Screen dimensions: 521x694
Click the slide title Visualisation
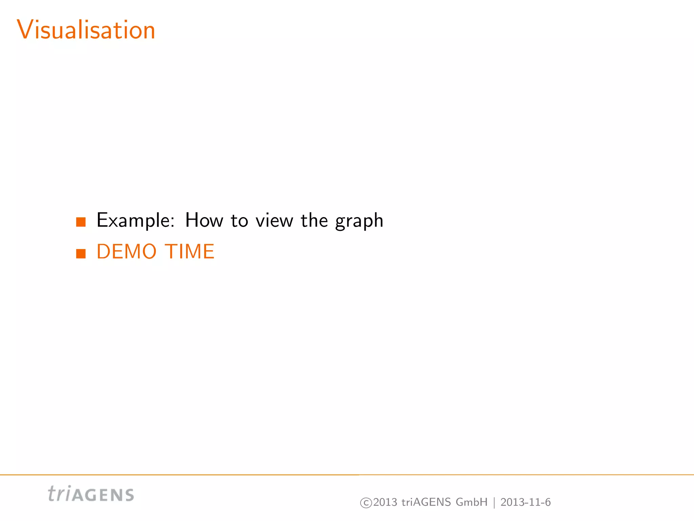[x=86, y=30]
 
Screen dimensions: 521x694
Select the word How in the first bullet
[x=204, y=220]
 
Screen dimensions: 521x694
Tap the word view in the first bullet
[x=274, y=221]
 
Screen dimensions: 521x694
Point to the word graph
[x=359, y=221]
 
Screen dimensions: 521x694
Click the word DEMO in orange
[x=126, y=252]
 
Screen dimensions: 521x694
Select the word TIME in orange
[x=190, y=252]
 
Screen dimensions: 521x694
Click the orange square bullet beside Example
[x=81, y=222]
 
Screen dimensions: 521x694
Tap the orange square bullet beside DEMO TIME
[x=81, y=253]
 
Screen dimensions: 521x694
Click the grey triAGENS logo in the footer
[x=91, y=494]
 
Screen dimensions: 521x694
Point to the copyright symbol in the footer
[x=366, y=502]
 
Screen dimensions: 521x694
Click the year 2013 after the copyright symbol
[x=385, y=502]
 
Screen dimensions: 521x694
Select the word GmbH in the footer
[x=471, y=502]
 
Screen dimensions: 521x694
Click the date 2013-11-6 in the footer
[x=526, y=502]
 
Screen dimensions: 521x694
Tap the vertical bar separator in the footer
[x=494, y=502]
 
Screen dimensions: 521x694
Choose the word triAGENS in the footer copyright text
[x=426, y=502]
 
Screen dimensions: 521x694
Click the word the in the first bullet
[x=314, y=220]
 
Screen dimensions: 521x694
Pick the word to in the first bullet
[x=239, y=221]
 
